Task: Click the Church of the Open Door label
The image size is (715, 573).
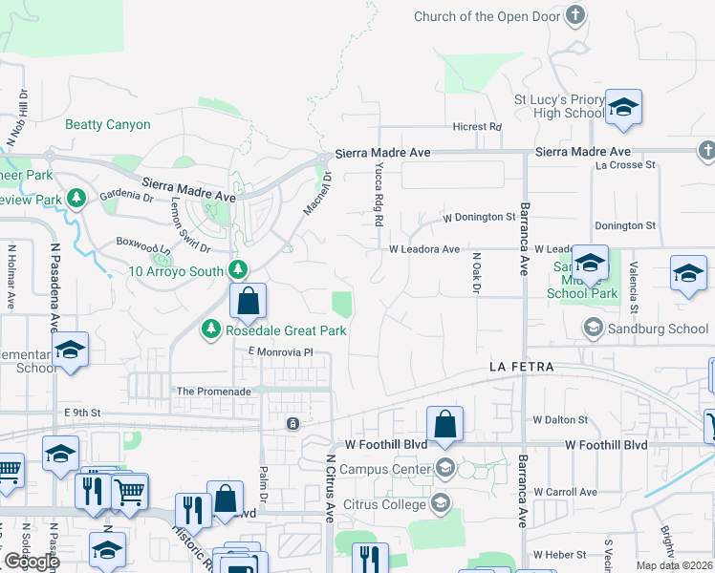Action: coord(487,16)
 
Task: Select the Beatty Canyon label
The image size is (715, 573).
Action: coord(108,125)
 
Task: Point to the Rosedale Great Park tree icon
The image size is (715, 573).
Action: coord(210,330)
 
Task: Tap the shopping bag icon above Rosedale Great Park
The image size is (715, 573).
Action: coord(248,301)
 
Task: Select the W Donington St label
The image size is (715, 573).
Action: coord(479,218)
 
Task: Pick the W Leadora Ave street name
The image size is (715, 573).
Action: coord(424,249)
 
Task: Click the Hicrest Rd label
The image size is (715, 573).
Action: coord(477,127)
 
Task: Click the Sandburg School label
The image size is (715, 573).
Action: coord(661,329)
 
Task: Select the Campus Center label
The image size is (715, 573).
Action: coord(386,469)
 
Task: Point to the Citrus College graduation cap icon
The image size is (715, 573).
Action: coord(443,502)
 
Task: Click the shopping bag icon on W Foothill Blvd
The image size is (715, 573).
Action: coord(444,425)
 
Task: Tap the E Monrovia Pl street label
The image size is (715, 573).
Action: coord(281,352)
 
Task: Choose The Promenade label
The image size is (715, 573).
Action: coord(214,392)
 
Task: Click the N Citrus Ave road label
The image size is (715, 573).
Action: coord(330,488)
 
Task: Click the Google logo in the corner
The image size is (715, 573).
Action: coord(32,562)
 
